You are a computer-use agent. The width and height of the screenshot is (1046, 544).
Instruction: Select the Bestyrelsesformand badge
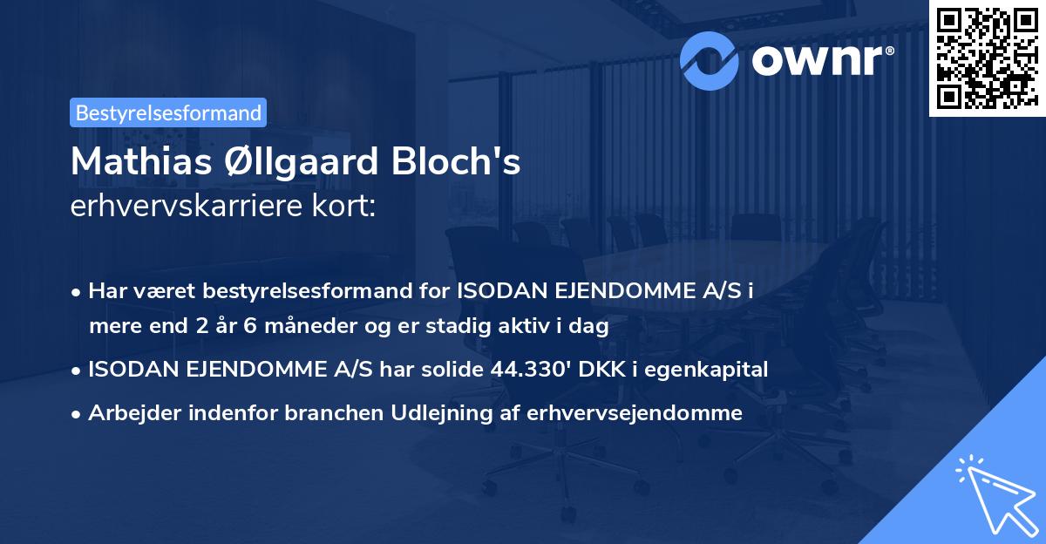(168, 112)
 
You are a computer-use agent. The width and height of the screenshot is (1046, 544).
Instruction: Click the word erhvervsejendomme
(635, 413)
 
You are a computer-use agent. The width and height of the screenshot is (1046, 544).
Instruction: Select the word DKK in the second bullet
(606, 370)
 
